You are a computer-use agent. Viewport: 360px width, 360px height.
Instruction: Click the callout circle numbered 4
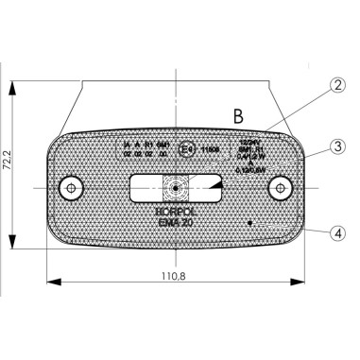point(337,230)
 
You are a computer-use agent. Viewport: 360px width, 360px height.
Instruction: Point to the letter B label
point(239,116)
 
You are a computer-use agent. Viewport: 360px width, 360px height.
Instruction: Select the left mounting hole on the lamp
point(68,189)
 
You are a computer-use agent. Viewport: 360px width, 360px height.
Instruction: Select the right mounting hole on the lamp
point(280,189)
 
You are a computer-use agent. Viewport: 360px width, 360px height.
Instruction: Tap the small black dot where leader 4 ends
point(249,223)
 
